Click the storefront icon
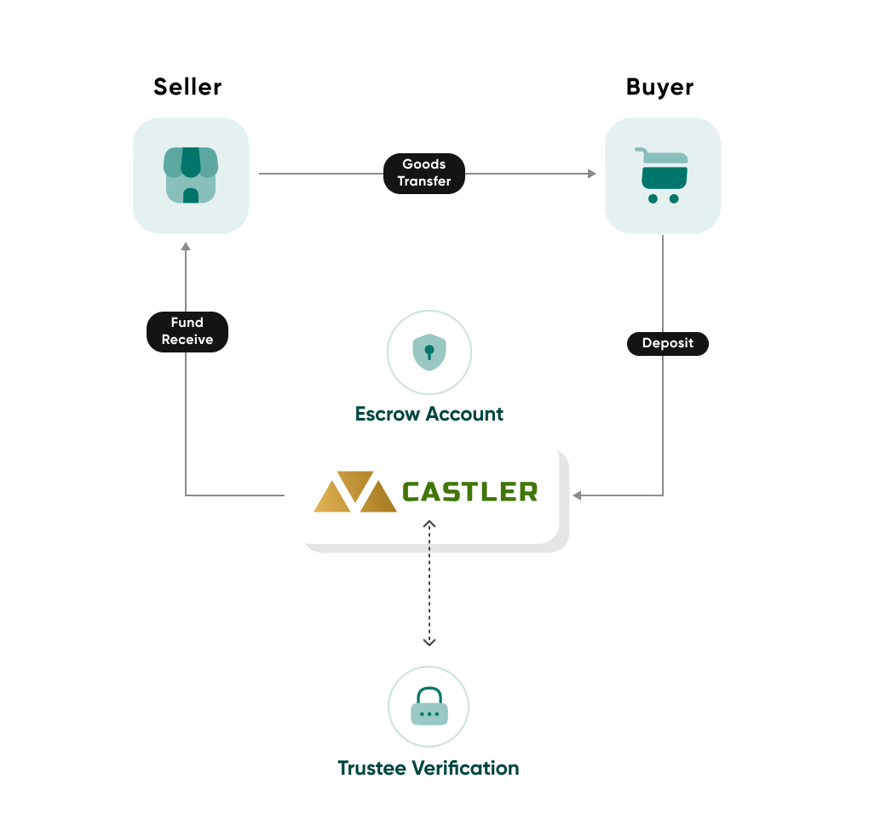pyautogui.click(x=191, y=175)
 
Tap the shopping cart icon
pyautogui.click(x=662, y=175)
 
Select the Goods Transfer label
pyautogui.click(x=424, y=173)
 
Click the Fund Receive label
pyautogui.click(x=187, y=331)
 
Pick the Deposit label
pyautogui.click(x=668, y=343)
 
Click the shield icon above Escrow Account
pyautogui.click(x=429, y=352)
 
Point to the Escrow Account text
pyautogui.click(x=429, y=414)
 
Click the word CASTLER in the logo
pyautogui.click(x=469, y=491)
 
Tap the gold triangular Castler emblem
pyautogui.click(x=355, y=492)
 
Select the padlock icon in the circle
pyautogui.click(x=429, y=707)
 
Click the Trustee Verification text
pyautogui.click(x=428, y=768)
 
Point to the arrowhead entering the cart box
pyautogui.click(x=592, y=174)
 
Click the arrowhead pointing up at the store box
pyautogui.click(x=186, y=247)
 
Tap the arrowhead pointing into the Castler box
pyautogui.click(x=578, y=495)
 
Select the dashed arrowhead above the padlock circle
pyautogui.click(x=429, y=642)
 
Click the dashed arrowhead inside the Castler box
pyautogui.click(x=429, y=524)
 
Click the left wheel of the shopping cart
pyautogui.click(x=653, y=198)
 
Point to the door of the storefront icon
pyautogui.click(x=191, y=196)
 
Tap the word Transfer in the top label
pyautogui.click(x=424, y=181)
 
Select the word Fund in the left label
pyautogui.click(x=187, y=323)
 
